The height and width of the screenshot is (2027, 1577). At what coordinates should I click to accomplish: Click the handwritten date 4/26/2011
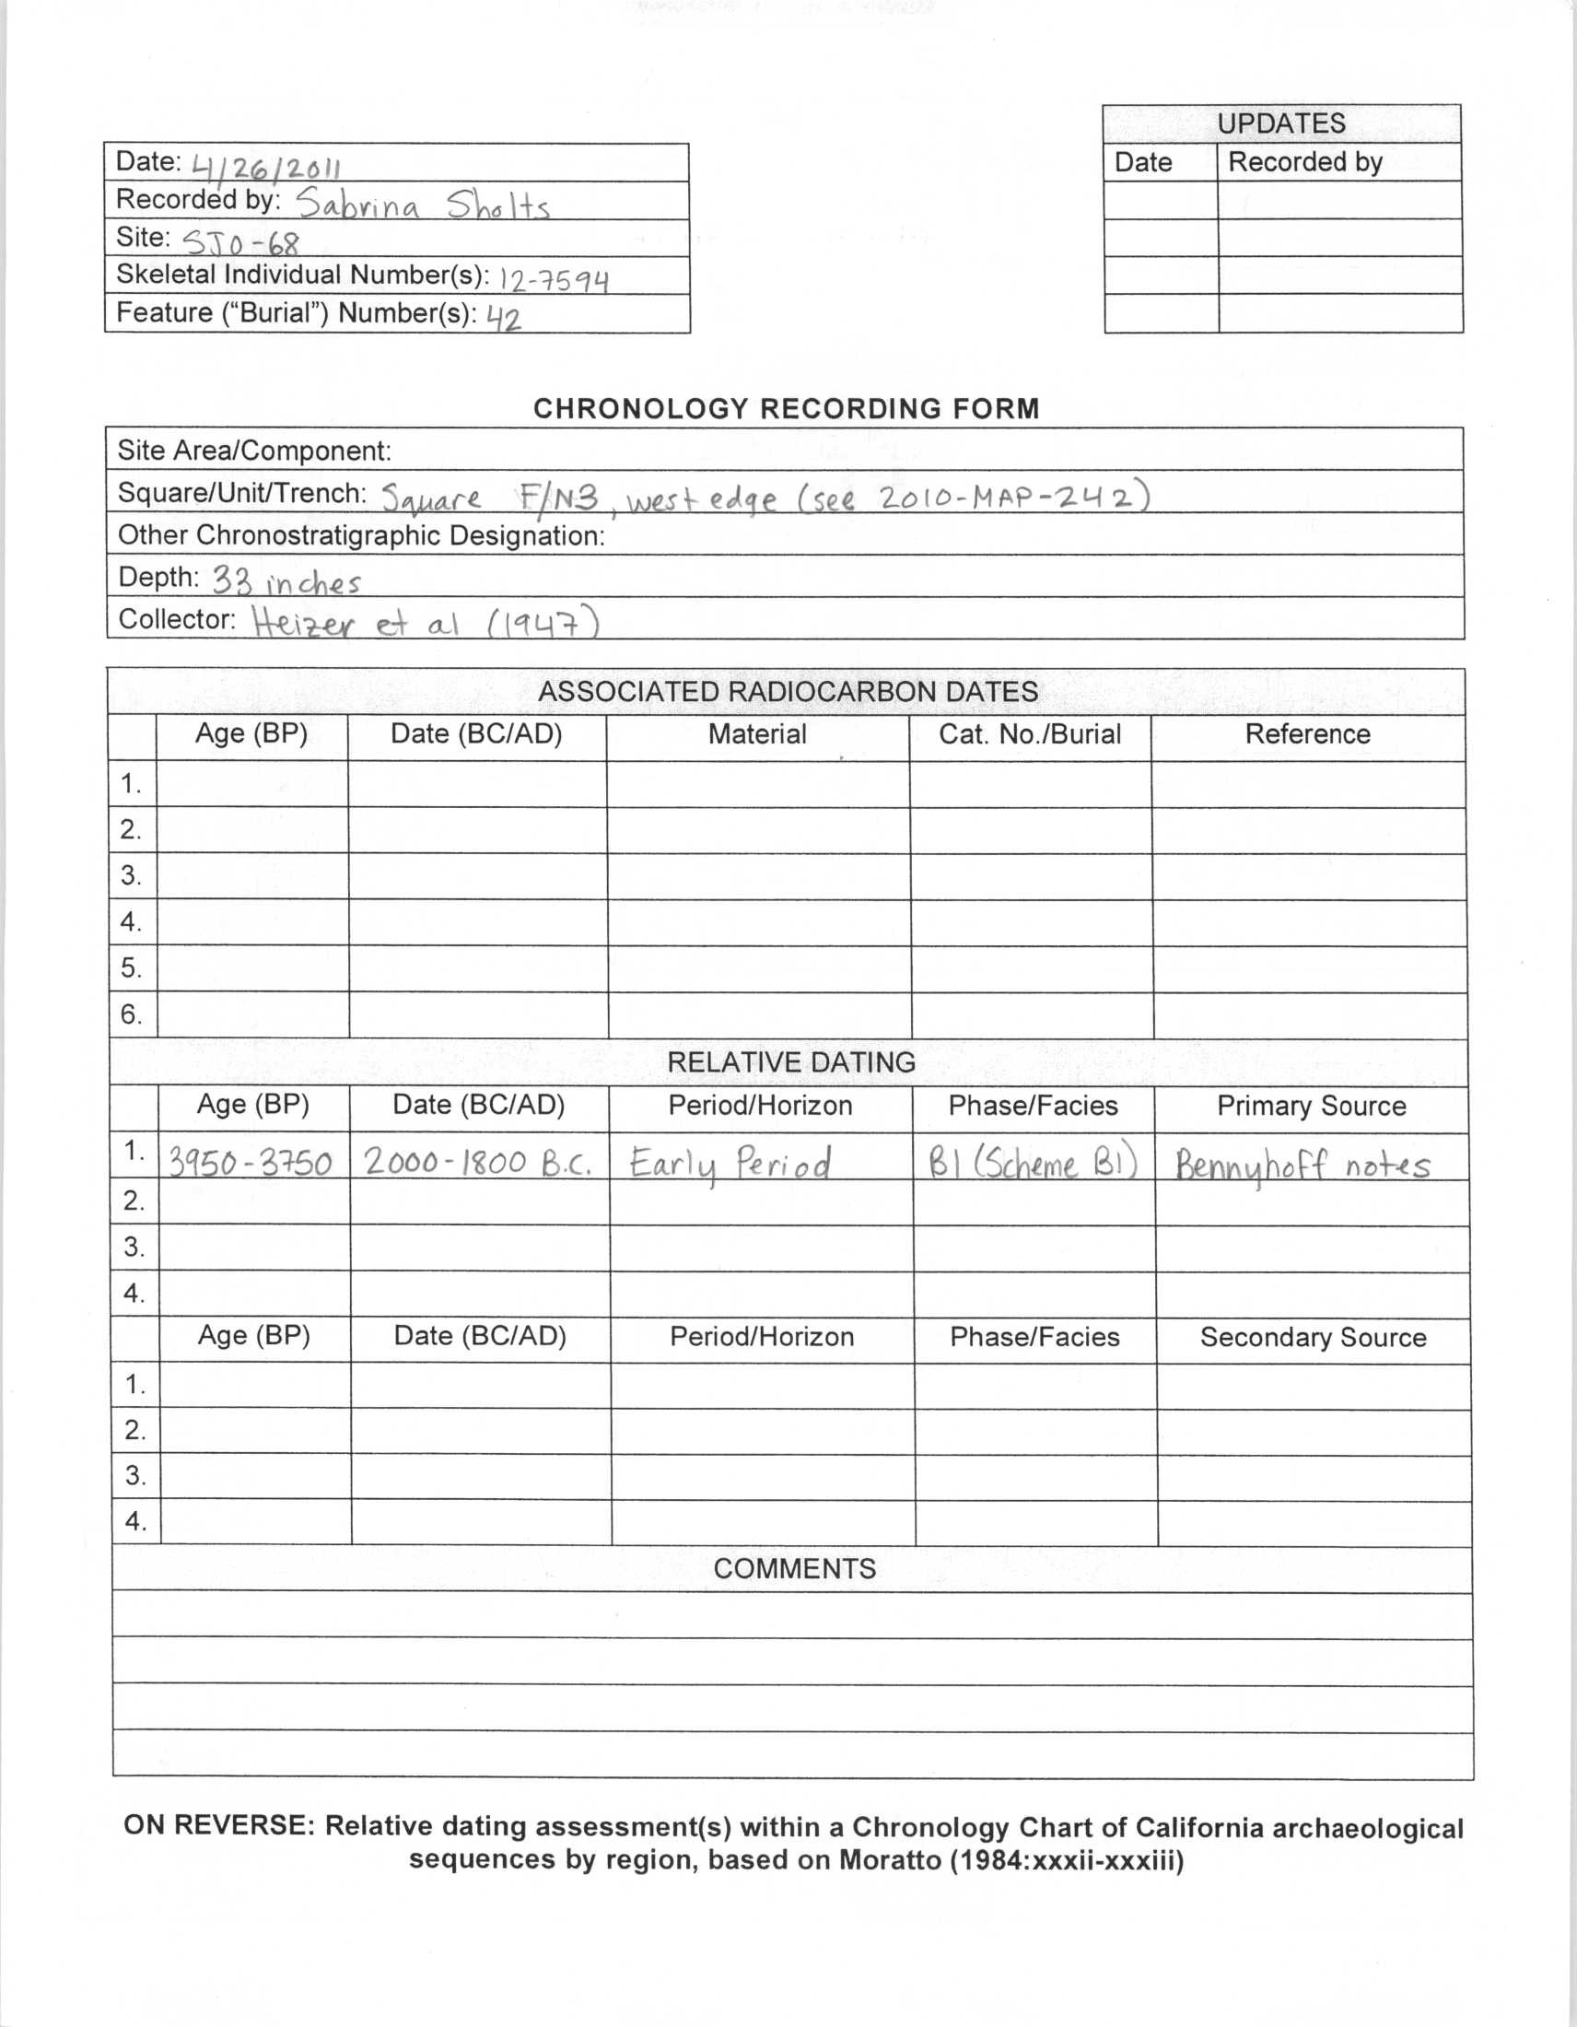(266, 167)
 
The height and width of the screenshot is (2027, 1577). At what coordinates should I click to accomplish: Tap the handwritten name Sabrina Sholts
(423, 205)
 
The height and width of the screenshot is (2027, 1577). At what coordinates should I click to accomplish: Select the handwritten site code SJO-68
(241, 243)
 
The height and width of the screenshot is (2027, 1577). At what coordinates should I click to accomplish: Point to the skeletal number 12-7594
(554, 279)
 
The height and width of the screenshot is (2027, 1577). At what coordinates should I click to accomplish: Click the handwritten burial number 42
(504, 319)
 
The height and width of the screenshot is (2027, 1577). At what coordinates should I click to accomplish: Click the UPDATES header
(1281, 123)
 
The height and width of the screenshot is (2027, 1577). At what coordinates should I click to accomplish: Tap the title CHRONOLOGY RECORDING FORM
(786, 408)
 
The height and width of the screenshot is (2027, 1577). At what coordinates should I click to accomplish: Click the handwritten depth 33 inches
(286, 582)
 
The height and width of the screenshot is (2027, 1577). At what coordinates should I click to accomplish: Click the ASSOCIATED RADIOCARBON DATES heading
(788, 691)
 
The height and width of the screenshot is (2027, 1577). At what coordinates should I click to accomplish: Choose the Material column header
(757, 734)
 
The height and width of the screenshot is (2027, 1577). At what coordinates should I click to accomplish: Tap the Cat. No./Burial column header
(1030, 734)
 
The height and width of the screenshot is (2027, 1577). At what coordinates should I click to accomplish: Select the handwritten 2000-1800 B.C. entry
(477, 1162)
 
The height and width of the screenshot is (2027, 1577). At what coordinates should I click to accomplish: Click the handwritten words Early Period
(730, 1163)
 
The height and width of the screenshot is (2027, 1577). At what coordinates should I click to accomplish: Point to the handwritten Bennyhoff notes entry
(1302, 1164)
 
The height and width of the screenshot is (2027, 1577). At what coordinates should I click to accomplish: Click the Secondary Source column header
(1313, 1338)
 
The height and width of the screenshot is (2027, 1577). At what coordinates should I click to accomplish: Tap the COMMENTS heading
(794, 1568)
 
